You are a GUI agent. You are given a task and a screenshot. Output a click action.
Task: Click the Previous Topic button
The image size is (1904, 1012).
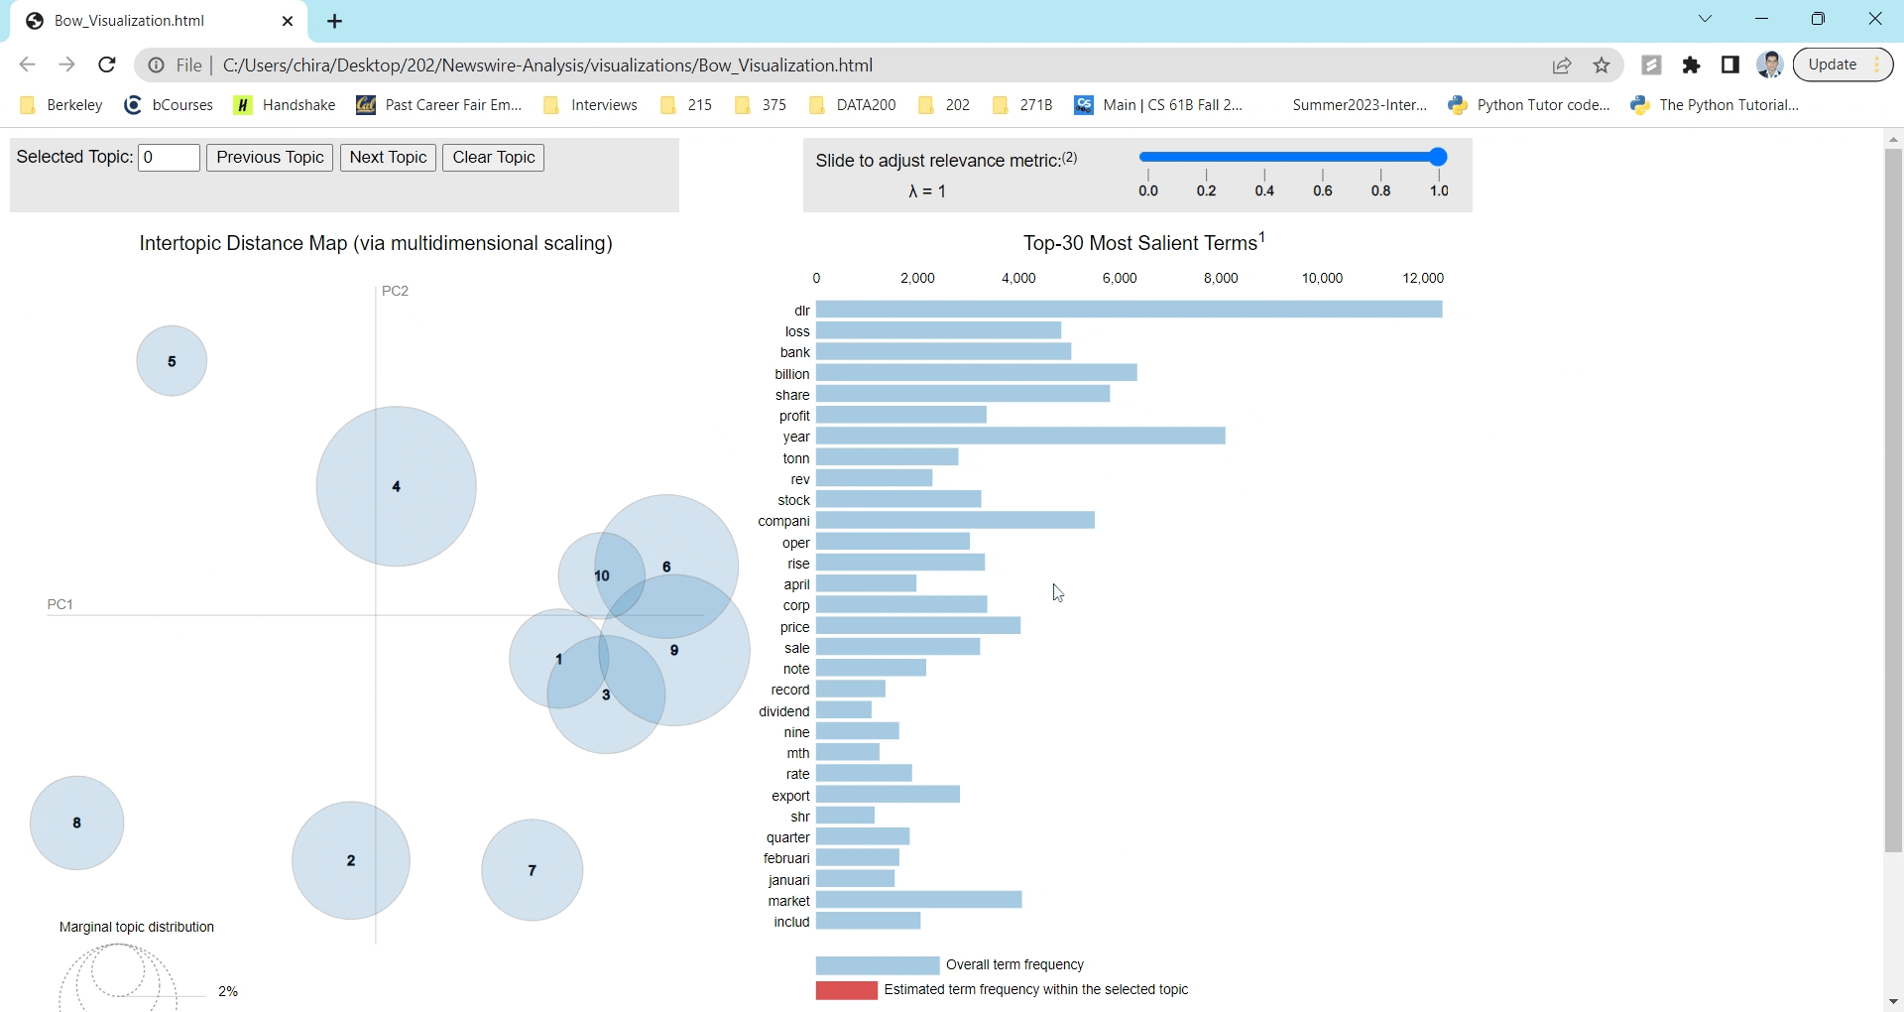(270, 158)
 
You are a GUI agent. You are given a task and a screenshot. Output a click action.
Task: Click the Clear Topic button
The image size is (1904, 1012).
(493, 158)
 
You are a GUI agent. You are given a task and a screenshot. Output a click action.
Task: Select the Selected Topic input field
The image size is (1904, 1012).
(169, 158)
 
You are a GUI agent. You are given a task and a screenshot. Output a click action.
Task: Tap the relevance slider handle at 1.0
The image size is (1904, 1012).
(1438, 157)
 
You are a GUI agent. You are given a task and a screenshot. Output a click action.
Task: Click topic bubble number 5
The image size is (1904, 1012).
(172, 361)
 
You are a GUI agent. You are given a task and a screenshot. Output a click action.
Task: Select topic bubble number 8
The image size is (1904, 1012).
(76, 822)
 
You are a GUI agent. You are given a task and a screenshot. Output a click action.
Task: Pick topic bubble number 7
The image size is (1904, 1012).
(532, 870)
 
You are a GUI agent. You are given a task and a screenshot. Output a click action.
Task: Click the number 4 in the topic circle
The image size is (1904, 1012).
(397, 486)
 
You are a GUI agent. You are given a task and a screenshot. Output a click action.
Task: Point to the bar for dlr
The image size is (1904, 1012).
(1129, 310)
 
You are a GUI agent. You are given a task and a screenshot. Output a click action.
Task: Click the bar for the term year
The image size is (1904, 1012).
(1020, 437)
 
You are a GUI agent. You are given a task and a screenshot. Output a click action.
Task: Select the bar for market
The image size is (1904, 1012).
(918, 900)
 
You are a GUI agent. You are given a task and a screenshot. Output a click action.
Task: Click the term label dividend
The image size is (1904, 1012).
(783, 711)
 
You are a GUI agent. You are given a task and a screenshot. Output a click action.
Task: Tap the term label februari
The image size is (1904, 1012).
(786, 858)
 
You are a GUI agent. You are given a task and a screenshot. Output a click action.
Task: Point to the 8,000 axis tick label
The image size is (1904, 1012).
(1220, 278)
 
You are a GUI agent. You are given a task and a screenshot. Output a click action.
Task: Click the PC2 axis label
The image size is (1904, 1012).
(395, 291)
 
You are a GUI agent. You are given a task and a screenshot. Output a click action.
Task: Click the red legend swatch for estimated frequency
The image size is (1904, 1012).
(846, 990)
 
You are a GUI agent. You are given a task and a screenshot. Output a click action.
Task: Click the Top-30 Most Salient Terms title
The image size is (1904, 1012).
(1143, 243)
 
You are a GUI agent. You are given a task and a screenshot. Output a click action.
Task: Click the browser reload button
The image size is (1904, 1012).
(107, 64)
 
